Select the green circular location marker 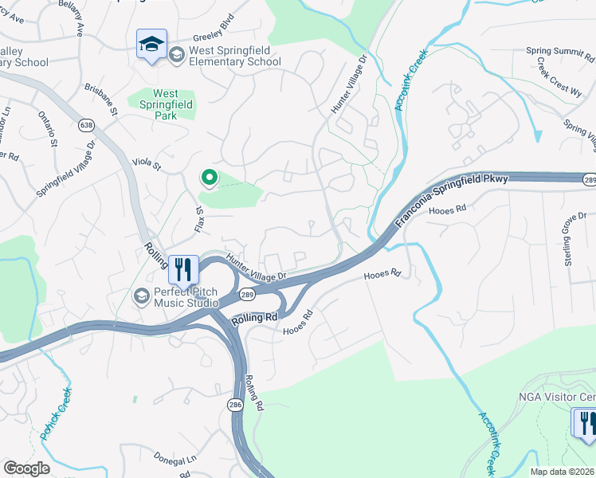(209, 177)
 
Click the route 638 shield (87, 125)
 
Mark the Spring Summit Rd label (560, 51)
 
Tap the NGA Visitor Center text (557, 397)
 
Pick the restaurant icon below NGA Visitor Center (586, 422)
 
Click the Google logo (26, 468)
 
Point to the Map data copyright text (563, 472)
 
